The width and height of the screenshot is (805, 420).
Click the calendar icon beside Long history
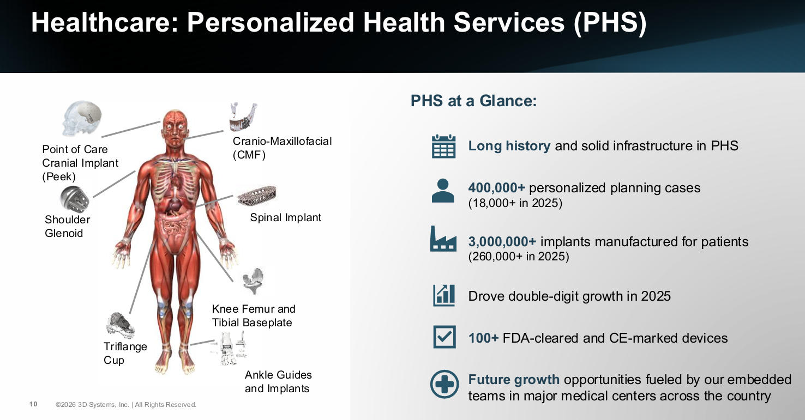pos(443,147)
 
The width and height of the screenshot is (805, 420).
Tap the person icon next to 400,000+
pos(443,191)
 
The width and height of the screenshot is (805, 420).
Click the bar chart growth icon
pos(444,295)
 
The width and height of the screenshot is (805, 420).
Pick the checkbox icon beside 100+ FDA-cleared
pos(444,337)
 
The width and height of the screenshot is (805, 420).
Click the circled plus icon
pos(444,384)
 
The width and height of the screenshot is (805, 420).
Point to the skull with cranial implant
pos(82,118)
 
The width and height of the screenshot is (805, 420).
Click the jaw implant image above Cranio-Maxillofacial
pos(244,117)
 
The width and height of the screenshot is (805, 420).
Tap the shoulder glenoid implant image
pos(74,199)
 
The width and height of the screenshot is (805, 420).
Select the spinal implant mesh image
pos(257,196)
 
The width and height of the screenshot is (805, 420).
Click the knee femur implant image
pos(254,281)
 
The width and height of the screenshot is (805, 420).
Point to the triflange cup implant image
pos(121,325)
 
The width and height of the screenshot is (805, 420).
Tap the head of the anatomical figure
pos(175,127)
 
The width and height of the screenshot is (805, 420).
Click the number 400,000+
pos(496,188)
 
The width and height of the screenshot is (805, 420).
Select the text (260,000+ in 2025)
pos(519,257)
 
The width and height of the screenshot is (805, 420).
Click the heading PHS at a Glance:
pos(473,101)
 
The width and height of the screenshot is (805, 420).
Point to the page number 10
pos(33,404)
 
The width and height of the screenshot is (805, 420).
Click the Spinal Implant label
pos(286,217)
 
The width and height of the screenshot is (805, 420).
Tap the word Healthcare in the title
pos(105,23)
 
